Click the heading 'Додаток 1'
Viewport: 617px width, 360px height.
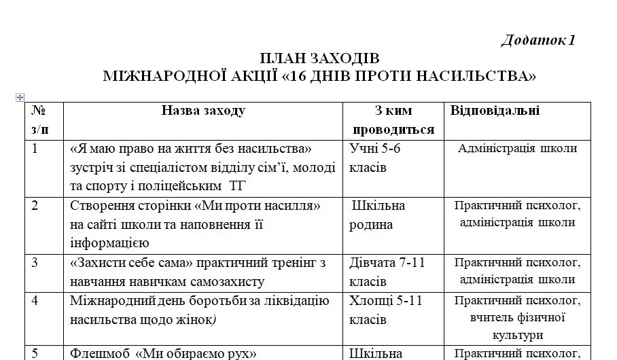[538, 40]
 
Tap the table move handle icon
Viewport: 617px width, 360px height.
[20, 97]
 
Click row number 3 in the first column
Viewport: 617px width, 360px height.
[35, 262]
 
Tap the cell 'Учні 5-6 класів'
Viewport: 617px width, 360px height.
[379, 158]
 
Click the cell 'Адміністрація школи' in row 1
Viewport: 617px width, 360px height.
[518, 149]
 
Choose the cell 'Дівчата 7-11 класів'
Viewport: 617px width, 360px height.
[387, 271]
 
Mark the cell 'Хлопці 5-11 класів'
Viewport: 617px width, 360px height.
[385, 309]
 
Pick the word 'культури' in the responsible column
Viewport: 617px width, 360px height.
[518, 335]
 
